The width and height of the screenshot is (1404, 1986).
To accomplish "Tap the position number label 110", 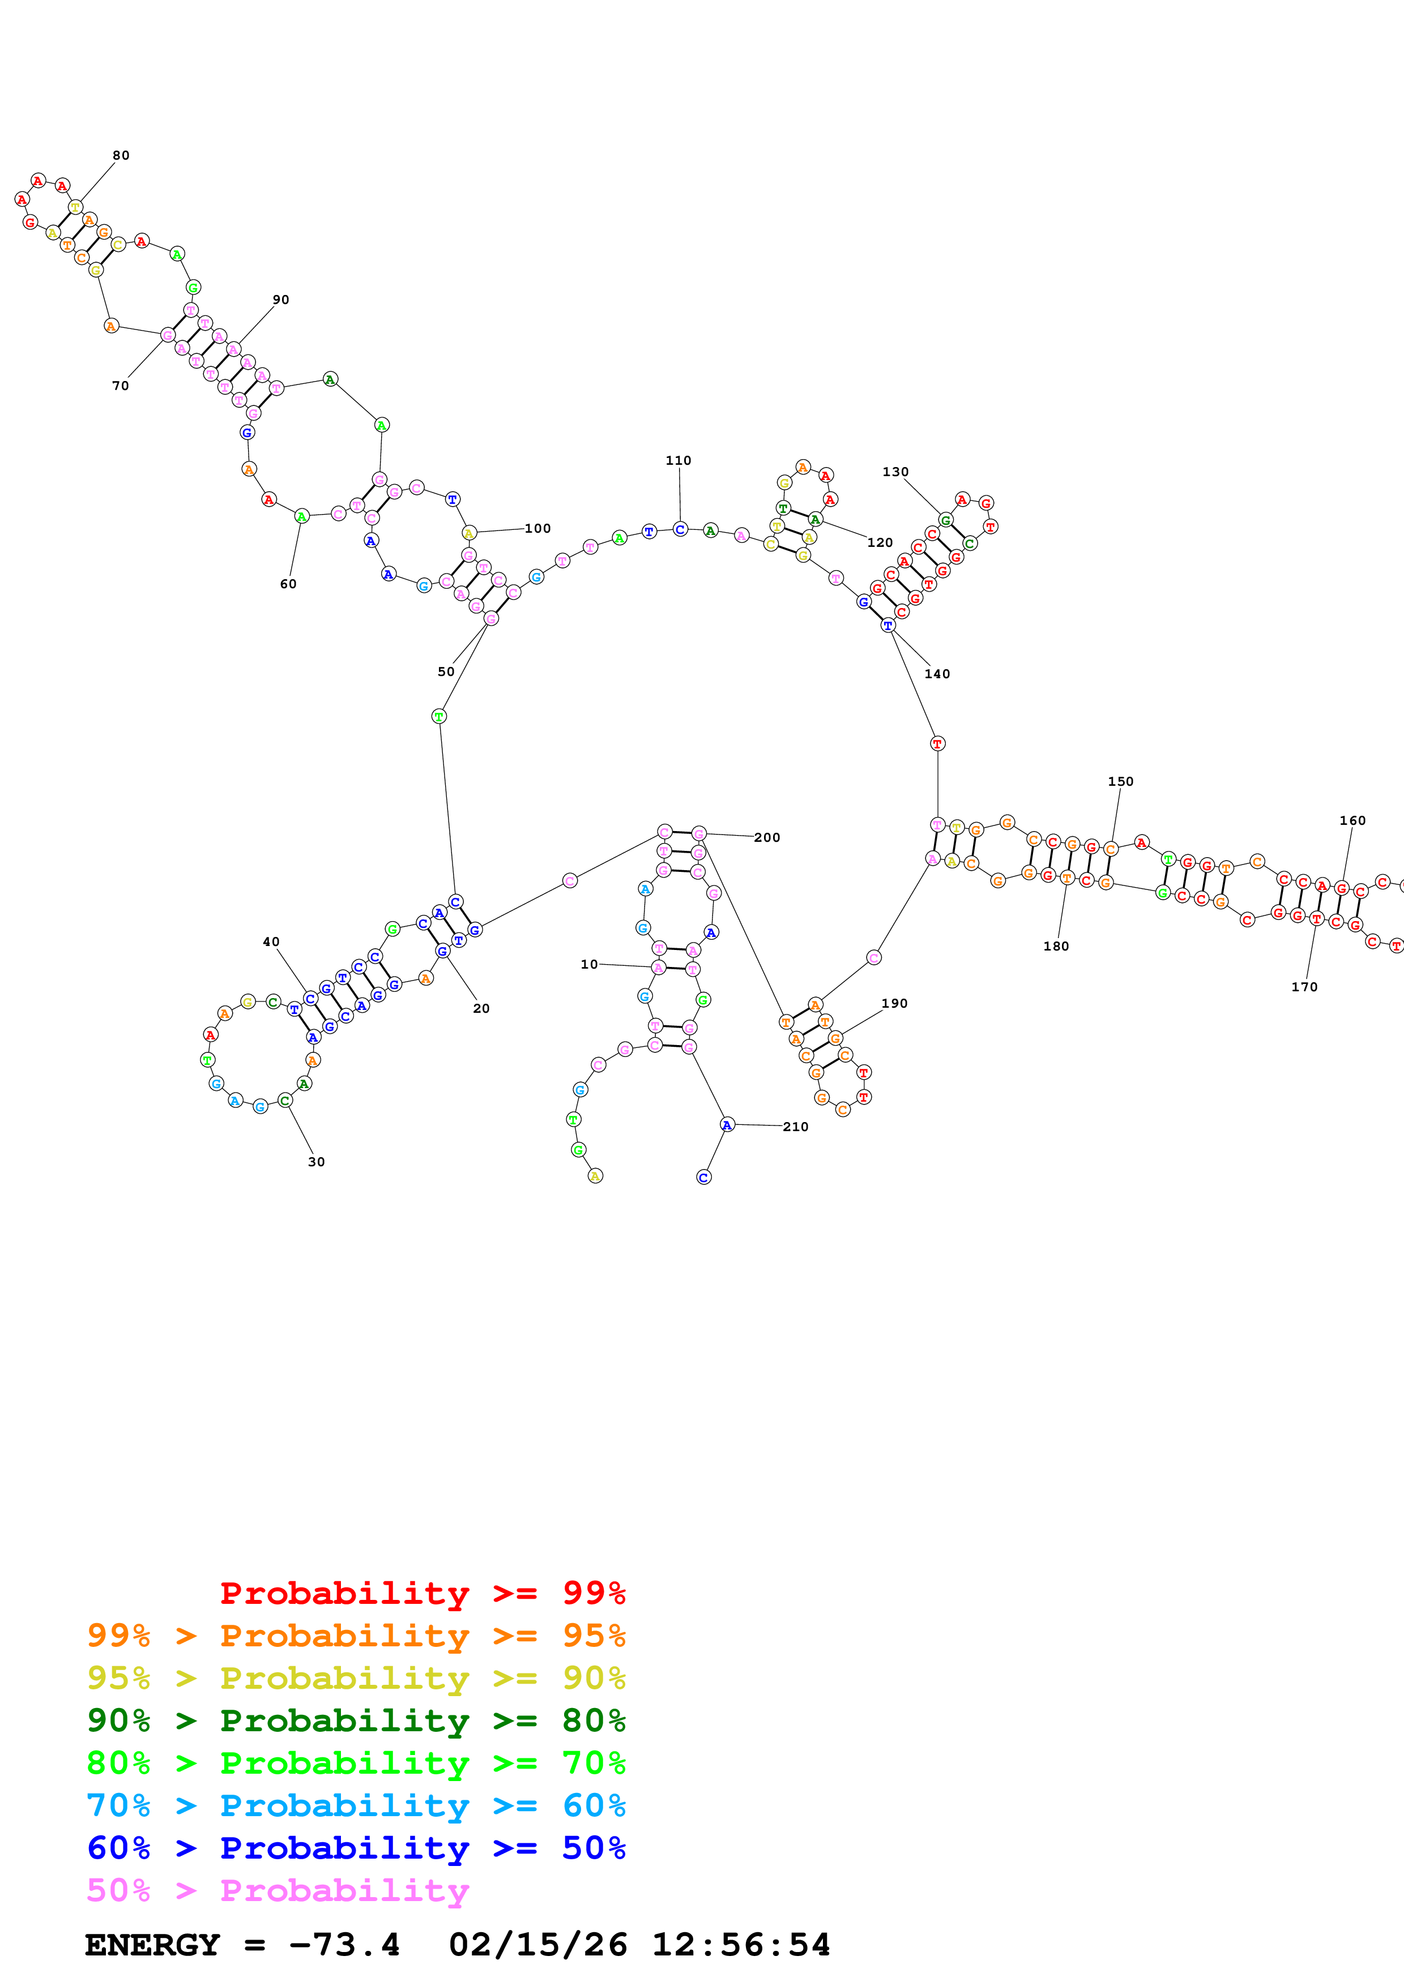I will [678, 460].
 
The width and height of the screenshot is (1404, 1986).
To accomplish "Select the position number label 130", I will [895, 472].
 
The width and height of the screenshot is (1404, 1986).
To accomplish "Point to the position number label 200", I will [766, 837].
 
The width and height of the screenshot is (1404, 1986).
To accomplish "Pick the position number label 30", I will [317, 1162].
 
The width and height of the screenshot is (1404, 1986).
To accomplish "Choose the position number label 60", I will [288, 584].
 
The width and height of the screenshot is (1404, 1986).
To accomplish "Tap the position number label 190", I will [894, 1003].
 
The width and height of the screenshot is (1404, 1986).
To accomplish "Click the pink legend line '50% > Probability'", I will [278, 1890].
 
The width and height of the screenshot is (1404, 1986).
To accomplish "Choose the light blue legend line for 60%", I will [356, 1805].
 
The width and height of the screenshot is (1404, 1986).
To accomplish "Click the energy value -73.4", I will [344, 1945].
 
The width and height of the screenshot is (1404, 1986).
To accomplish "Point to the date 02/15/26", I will [537, 1945].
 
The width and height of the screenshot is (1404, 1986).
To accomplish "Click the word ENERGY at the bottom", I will [152, 1945].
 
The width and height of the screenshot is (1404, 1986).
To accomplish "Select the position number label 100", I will [537, 529].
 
